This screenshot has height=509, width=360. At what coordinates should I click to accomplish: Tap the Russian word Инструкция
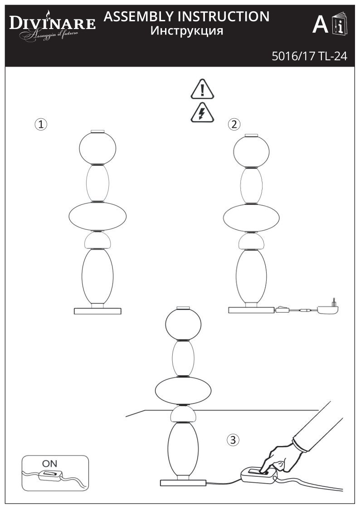point(186,31)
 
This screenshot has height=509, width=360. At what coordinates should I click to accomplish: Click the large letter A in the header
point(320,25)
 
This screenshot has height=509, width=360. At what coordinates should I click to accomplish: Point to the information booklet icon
point(339,24)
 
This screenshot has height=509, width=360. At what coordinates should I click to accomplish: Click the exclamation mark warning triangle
point(202,89)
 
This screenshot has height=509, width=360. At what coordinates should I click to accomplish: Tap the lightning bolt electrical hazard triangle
point(202,112)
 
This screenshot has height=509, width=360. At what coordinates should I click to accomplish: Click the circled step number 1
point(41,124)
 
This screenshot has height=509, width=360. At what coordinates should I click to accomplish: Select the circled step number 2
point(234,124)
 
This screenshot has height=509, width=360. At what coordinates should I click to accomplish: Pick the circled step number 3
point(233,439)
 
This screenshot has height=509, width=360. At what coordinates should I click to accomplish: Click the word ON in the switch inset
point(50,464)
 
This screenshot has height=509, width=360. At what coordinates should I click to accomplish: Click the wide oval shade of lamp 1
point(97,217)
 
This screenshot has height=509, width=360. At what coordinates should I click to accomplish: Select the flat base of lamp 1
point(98,311)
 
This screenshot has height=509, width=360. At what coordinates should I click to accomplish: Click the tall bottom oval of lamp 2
point(251,277)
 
